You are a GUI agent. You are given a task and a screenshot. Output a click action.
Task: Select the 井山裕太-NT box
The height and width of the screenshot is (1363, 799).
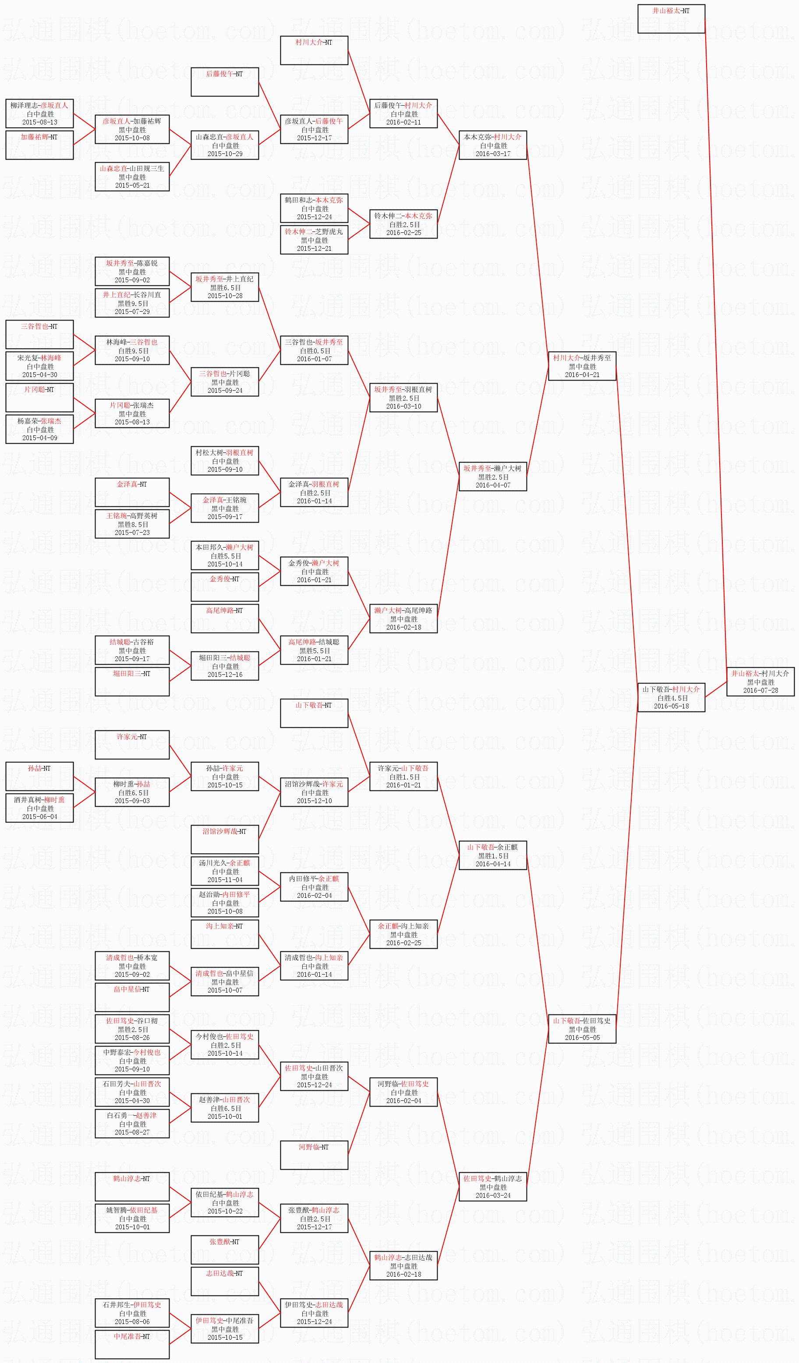tap(671, 19)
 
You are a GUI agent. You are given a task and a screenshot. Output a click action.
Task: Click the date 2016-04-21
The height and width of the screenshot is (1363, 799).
tap(582, 374)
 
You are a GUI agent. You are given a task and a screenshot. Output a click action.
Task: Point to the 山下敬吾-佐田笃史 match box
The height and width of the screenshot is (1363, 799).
tap(582, 1029)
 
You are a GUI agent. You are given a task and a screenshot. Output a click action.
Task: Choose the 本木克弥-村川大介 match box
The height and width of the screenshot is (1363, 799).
tap(492, 145)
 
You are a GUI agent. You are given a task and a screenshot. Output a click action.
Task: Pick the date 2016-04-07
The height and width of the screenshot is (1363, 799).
tap(492, 485)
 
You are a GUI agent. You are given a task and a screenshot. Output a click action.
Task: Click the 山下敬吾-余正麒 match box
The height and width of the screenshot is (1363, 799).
tap(492, 855)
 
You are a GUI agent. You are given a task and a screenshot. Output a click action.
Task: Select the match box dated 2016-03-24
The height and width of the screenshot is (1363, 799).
tap(492, 1187)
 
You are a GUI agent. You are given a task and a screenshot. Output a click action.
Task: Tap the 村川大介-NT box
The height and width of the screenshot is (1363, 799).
tap(314, 50)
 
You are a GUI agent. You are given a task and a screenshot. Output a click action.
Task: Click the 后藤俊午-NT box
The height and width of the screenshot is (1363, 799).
tap(224, 82)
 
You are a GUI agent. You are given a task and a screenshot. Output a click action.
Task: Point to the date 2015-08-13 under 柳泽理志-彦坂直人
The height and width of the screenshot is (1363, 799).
tap(39, 122)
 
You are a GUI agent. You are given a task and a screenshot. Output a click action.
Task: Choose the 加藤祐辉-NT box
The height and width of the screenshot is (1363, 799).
tap(39, 145)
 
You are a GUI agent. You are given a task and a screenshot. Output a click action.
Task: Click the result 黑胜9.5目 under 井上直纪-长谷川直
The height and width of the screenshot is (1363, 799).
tap(132, 303)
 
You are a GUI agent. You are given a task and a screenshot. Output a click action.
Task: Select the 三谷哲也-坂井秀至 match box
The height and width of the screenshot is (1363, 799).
tap(314, 350)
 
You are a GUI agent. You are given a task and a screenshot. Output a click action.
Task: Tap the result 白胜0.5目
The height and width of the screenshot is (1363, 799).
tap(314, 350)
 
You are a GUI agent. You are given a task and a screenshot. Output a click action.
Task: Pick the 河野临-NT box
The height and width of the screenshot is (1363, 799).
tap(314, 1155)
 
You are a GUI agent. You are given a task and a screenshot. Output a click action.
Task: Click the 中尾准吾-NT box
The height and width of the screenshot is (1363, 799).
tap(132, 1344)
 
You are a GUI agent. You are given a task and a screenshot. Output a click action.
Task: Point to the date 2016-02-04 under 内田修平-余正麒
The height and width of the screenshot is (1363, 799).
tap(314, 895)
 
